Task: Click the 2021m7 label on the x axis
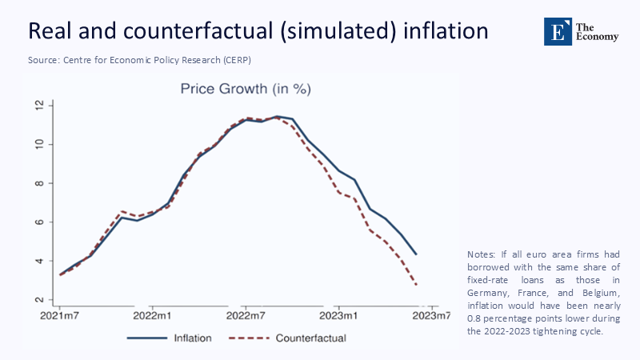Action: pyautogui.click(x=59, y=316)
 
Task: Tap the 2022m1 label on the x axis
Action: pyautogui.click(x=153, y=316)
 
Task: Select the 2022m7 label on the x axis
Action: pyautogui.click(x=246, y=316)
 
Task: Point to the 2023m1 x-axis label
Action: pyautogui.click(x=338, y=316)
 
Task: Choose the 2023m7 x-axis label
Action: pyautogui.click(x=431, y=316)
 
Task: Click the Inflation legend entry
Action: pyautogui.click(x=193, y=338)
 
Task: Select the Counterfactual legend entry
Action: pyautogui.click(x=310, y=338)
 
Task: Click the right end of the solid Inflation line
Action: pyautogui.click(x=416, y=254)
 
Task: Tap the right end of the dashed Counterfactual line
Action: pyautogui.click(x=416, y=284)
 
